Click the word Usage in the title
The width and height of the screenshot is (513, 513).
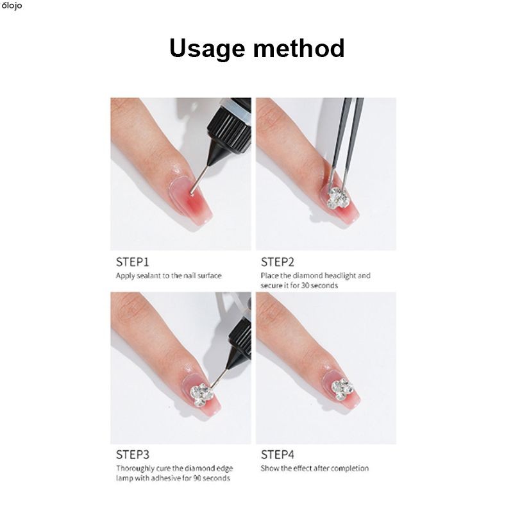(207, 49)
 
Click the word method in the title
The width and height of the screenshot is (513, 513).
(299, 48)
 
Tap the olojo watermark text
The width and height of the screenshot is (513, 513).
(12, 6)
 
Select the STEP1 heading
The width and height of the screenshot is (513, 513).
(132, 262)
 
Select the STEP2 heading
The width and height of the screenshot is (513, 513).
(278, 262)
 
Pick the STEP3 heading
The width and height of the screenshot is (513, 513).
(133, 455)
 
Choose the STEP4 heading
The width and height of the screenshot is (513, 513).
(278, 455)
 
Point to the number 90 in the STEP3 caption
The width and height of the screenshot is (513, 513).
(198, 478)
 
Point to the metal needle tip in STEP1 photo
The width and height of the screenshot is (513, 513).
(192, 193)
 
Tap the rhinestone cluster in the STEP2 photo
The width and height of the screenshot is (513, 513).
(339, 198)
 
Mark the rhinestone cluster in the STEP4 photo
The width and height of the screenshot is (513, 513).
(342, 390)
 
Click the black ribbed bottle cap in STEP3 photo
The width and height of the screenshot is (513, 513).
(240, 338)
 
